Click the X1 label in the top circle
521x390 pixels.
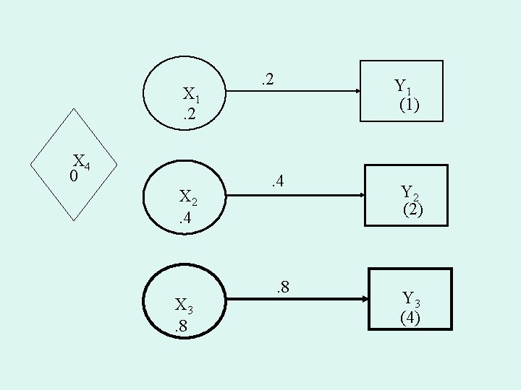(192, 95)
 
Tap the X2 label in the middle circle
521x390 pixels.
(189, 197)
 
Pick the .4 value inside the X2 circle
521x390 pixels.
(187, 217)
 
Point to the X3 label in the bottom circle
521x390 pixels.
(185, 304)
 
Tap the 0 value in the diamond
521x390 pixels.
(74, 175)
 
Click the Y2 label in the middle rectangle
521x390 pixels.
(411, 192)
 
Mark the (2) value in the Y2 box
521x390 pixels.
(414, 210)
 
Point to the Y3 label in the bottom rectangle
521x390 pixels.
(412, 298)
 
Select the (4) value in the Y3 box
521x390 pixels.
(410, 317)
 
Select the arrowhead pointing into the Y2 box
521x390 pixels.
(360, 196)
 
